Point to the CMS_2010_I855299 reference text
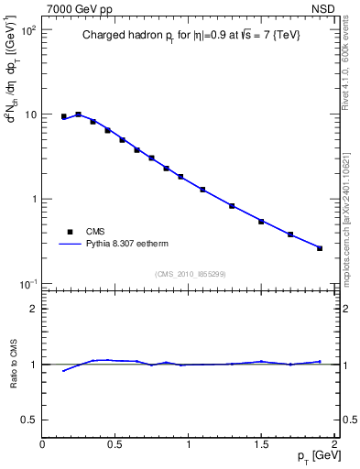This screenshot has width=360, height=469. (190, 273)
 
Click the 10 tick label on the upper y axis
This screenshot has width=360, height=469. (30, 115)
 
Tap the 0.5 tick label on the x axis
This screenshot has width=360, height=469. (115, 445)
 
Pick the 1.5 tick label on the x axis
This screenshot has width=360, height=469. (261, 445)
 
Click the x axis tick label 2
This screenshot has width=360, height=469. (334, 445)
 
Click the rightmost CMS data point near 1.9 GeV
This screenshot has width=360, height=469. (320, 248)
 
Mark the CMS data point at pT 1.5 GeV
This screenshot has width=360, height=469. (261, 222)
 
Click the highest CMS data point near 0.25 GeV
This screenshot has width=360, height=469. (78, 115)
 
